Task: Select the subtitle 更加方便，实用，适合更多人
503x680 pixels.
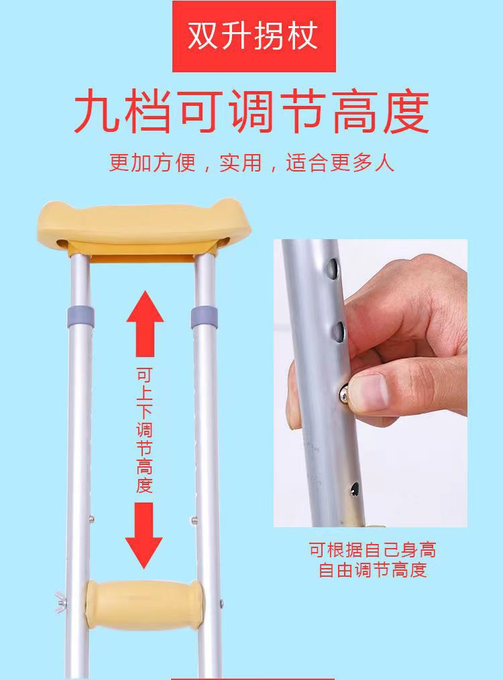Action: point(251,163)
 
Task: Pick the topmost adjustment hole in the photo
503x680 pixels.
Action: point(333,269)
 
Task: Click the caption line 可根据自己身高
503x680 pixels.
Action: point(372,551)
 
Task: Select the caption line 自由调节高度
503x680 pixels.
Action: point(372,571)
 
